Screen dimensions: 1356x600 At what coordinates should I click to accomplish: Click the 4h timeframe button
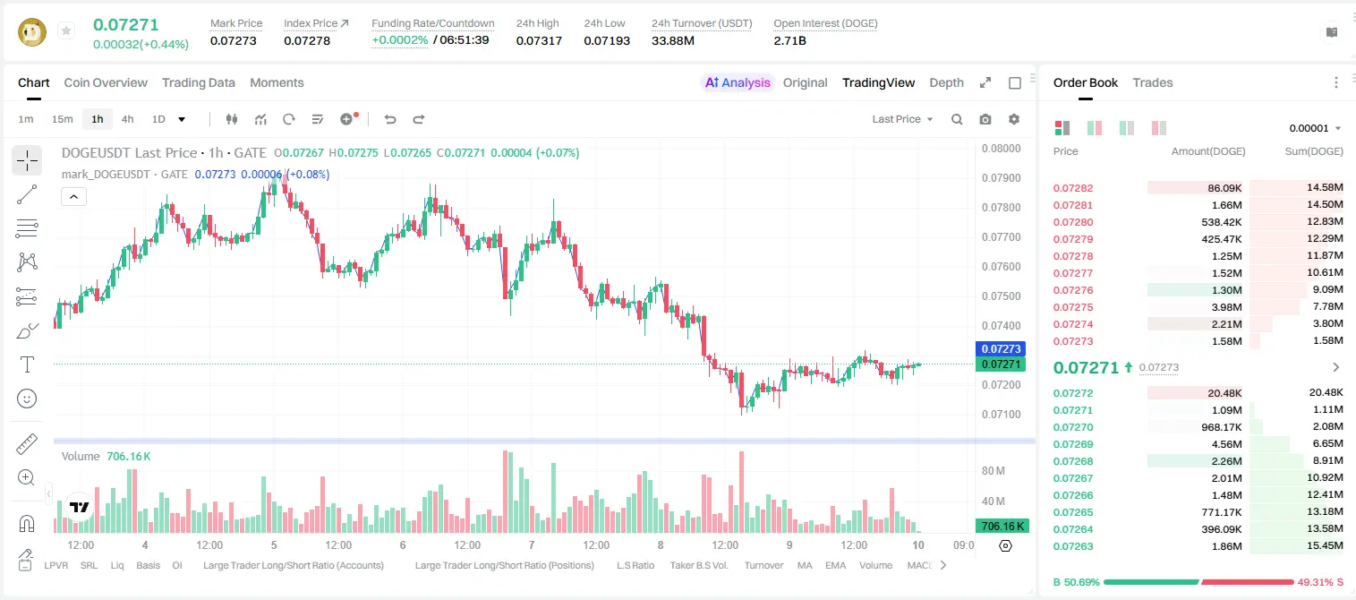coord(127,119)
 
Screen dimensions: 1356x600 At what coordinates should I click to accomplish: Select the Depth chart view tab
coord(946,83)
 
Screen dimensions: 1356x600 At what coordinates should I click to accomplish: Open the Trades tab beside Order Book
coord(1153,83)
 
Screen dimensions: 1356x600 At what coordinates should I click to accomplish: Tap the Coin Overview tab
coord(106,83)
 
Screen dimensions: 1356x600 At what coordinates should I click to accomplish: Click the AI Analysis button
coord(738,83)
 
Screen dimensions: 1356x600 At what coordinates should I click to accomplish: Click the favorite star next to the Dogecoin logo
coord(66,30)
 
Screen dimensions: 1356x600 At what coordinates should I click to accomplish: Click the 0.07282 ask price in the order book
coord(1072,188)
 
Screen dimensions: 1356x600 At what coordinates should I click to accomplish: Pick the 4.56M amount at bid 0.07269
coord(1226,444)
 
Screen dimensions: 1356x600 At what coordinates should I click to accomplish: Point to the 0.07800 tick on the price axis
coord(1002,207)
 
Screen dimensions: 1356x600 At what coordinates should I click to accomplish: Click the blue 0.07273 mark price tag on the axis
coord(1001,348)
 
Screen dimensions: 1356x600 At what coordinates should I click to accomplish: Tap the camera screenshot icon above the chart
coord(985,119)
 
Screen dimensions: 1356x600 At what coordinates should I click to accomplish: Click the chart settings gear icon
coord(1014,119)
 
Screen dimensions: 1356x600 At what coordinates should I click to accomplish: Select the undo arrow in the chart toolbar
coord(390,119)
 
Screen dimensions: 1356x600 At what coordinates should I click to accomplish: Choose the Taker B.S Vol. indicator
coord(698,565)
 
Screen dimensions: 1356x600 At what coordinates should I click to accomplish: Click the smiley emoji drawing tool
coord(27,399)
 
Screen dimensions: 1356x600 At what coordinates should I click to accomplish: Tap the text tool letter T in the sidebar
coord(27,364)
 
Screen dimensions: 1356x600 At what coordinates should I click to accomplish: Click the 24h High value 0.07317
coord(539,40)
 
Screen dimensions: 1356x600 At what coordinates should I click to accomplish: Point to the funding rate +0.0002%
coord(399,40)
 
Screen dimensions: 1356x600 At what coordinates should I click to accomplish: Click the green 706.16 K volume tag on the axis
coord(1002,527)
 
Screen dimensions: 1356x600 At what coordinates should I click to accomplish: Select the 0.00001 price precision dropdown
coord(1315,128)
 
